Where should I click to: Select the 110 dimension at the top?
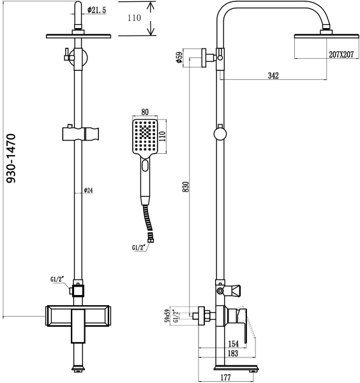133,19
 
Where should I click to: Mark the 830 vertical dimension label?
185,187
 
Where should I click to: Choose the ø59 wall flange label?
180,57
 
